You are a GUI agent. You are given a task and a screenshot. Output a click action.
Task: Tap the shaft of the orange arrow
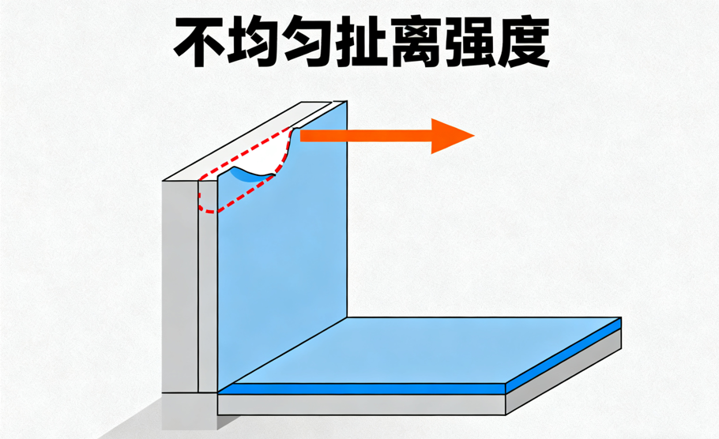(x=363, y=135)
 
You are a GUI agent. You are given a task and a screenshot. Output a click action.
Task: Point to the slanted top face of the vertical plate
(x=253, y=142)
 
